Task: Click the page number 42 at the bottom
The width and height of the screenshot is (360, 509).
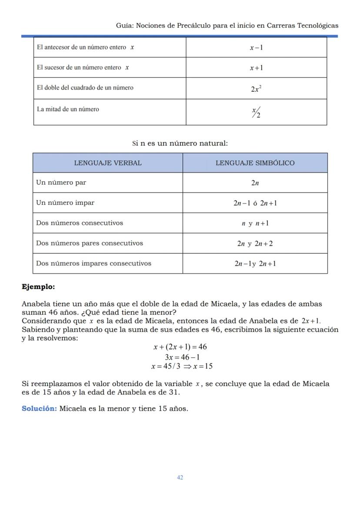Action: [x=180, y=477]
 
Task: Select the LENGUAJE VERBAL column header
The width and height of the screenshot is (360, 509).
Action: [x=107, y=163]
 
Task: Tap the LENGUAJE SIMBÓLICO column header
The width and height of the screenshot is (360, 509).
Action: [x=255, y=163]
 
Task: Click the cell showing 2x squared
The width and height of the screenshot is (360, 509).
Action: [x=256, y=89]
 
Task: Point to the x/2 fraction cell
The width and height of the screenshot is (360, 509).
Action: [x=256, y=113]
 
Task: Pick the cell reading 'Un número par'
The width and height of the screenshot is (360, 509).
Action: [x=61, y=183]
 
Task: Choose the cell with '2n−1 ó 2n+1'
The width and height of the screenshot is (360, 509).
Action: [x=255, y=203]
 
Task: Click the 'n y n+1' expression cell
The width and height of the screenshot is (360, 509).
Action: [x=255, y=223]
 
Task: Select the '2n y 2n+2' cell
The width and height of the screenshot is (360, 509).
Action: [x=255, y=243]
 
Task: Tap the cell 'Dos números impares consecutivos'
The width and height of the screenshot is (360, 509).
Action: [x=93, y=263]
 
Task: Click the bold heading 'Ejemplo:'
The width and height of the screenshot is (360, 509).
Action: [x=38, y=287]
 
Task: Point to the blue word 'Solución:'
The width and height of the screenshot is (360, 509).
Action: [x=39, y=409]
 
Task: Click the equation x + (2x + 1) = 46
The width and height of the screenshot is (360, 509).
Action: [x=180, y=347]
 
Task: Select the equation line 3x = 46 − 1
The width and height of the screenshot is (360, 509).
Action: [x=182, y=357]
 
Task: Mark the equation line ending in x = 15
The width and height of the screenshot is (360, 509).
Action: [x=182, y=366]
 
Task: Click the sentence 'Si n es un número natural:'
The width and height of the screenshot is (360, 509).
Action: [x=180, y=143]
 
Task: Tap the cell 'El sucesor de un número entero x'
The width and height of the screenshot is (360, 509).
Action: [x=83, y=67]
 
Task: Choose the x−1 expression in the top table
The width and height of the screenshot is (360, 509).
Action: [x=256, y=47]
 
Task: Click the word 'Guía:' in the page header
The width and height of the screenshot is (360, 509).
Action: [x=125, y=26]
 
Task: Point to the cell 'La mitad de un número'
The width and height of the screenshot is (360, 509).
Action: [x=68, y=109]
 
